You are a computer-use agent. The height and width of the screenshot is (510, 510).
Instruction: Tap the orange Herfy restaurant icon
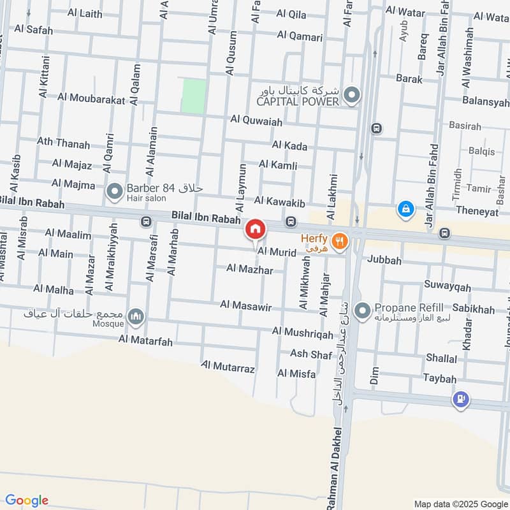pyautogui.click(x=342, y=240)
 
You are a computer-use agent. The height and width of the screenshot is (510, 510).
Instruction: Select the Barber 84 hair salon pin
pyautogui.click(x=115, y=191)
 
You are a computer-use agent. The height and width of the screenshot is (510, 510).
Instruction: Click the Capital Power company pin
pyautogui.click(x=351, y=96)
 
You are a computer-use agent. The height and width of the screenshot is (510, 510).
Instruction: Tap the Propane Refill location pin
pyautogui.click(x=362, y=311)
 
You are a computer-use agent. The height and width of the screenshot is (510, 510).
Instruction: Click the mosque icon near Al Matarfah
pyautogui.click(x=135, y=316)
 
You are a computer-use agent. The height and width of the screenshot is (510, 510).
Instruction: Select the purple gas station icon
pyautogui.click(x=460, y=400)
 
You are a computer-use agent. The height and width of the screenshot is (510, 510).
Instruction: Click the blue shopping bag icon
pyautogui.click(x=405, y=208)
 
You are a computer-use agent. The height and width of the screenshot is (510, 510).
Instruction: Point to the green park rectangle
pyautogui.click(x=194, y=96)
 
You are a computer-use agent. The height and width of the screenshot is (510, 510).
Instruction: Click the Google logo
pyautogui.click(x=27, y=500)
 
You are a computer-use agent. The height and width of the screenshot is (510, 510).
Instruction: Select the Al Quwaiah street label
pyautogui.click(x=256, y=119)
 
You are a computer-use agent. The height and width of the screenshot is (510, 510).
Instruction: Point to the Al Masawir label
pyautogui.click(x=246, y=307)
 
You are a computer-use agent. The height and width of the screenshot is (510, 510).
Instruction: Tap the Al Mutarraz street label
pyautogui.click(x=228, y=368)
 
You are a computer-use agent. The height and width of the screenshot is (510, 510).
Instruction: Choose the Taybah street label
pyautogui.click(x=440, y=379)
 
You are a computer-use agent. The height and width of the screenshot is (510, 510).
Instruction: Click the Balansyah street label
pyautogui.click(x=486, y=102)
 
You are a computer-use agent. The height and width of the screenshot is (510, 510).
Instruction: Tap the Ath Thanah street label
pyautogui.click(x=63, y=143)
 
